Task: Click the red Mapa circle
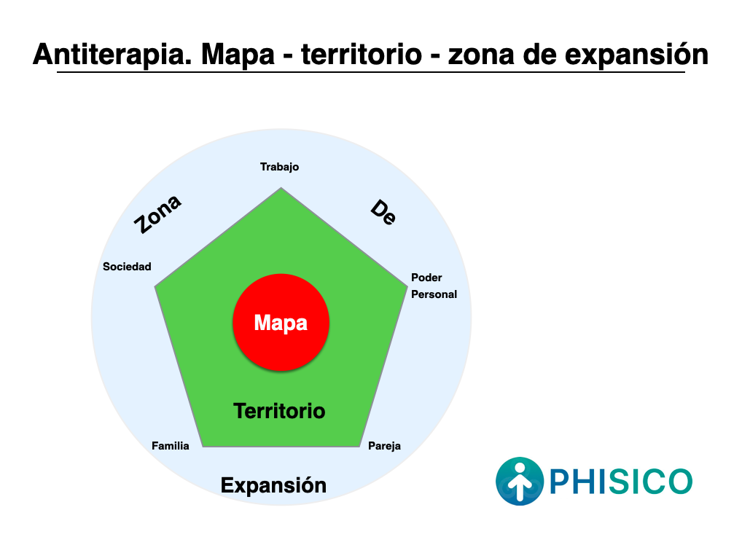(x=281, y=322)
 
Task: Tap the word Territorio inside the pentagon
(x=280, y=411)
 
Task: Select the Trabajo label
(x=280, y=167)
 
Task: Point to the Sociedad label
(x=127, y=267)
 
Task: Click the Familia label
(x=171, y=446)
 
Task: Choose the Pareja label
(x=384, y=446)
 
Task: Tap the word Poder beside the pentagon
(x=426, y=277)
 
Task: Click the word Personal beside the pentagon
(x=434, y=294)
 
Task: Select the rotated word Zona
(x=157, y=213)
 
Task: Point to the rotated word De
(x=383, y=212)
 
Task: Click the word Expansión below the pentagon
(x=273, y=485)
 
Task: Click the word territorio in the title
(x=362, y=55)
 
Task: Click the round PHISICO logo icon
(x=520, y=481)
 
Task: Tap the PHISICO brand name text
(x=621, y=482)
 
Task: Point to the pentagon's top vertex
(x=281, y=188)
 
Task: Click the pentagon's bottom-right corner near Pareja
(x=360, y=447)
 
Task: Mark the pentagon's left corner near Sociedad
(x=155, y=286)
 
